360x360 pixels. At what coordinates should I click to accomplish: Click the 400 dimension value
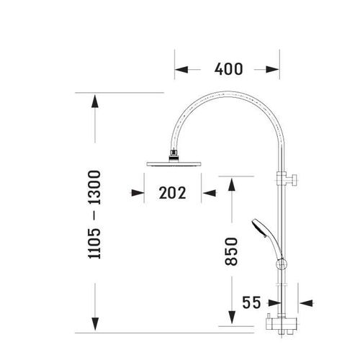pos(228,69)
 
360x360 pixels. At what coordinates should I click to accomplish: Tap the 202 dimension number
pos(173,193)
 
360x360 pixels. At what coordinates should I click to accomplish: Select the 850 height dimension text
pos(231,251)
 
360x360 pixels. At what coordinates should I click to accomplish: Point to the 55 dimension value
pos(251,302)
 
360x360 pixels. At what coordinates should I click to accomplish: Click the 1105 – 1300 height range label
pos(94,215)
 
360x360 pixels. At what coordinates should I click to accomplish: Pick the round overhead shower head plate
pos(174,164)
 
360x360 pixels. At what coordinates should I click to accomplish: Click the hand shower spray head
pos(258,228)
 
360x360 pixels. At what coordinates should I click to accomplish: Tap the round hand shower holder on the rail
pos(282,264)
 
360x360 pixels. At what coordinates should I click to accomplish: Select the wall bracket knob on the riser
pos(294,179)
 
